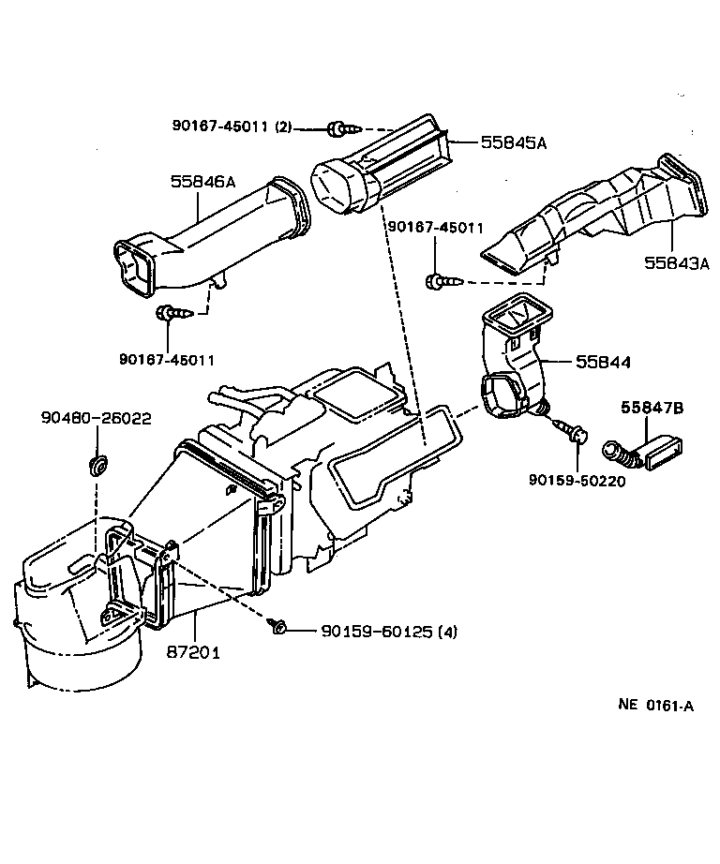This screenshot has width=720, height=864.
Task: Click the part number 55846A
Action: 203,183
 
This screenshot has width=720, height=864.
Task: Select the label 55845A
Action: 513,142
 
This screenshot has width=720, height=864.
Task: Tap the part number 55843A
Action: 676,263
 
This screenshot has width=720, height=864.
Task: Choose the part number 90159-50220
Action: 577,481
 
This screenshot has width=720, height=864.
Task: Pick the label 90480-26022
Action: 96,418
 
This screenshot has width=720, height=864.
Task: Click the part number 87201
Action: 195,651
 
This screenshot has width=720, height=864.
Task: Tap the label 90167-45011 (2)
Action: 233,126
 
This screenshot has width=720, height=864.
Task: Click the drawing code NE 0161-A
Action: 655,733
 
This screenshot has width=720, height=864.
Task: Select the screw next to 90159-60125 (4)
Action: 278,627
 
